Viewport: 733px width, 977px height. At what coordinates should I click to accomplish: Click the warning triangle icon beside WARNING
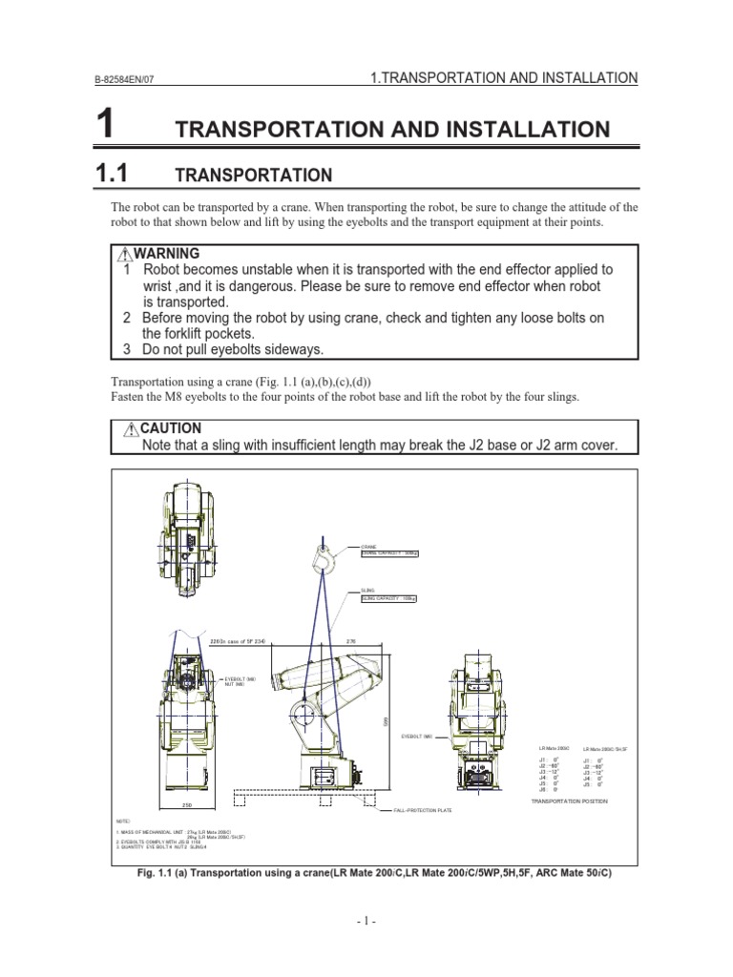[124, 255]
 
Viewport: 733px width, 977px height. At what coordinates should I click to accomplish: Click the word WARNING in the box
[167, 254]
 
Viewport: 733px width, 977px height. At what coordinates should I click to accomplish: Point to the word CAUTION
[172, 428]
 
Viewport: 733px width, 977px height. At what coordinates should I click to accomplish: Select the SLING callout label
[367, 592]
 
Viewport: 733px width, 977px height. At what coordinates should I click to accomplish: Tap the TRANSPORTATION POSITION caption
[569, 801]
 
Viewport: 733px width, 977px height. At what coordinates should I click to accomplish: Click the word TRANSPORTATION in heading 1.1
[253, 175]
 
